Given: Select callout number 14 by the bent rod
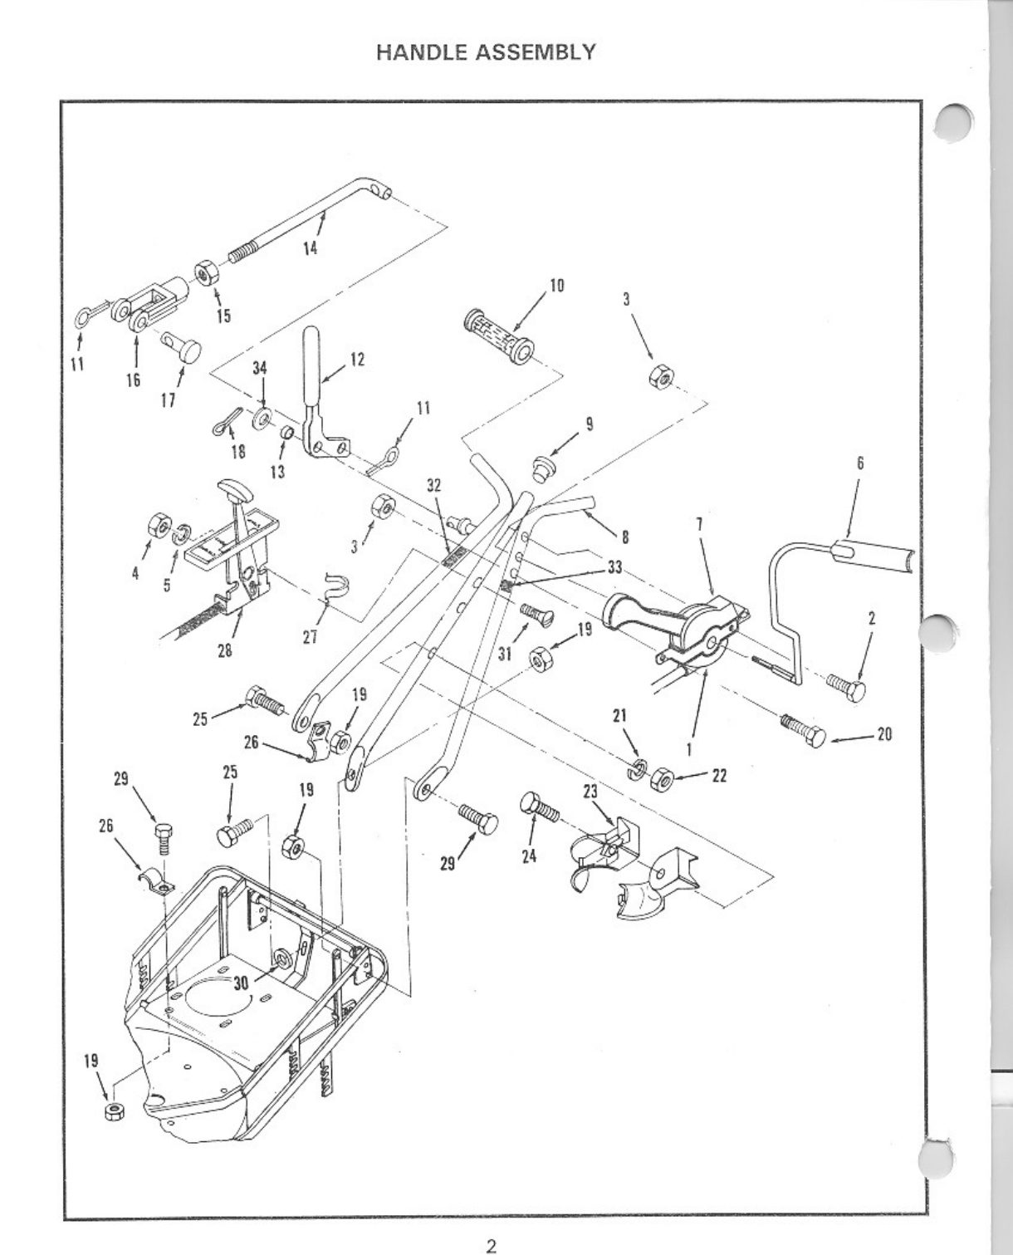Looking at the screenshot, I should point(310,248).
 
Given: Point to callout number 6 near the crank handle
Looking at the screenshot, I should point(860,463).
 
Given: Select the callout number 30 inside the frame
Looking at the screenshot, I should point(242,982).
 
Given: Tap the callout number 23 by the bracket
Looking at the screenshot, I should point(590,792).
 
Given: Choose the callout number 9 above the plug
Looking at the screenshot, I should point(590,423).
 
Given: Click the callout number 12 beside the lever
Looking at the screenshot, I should point(358,360).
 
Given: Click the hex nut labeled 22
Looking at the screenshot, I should point(662,779).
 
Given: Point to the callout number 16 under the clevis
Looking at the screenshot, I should point(134,380).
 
